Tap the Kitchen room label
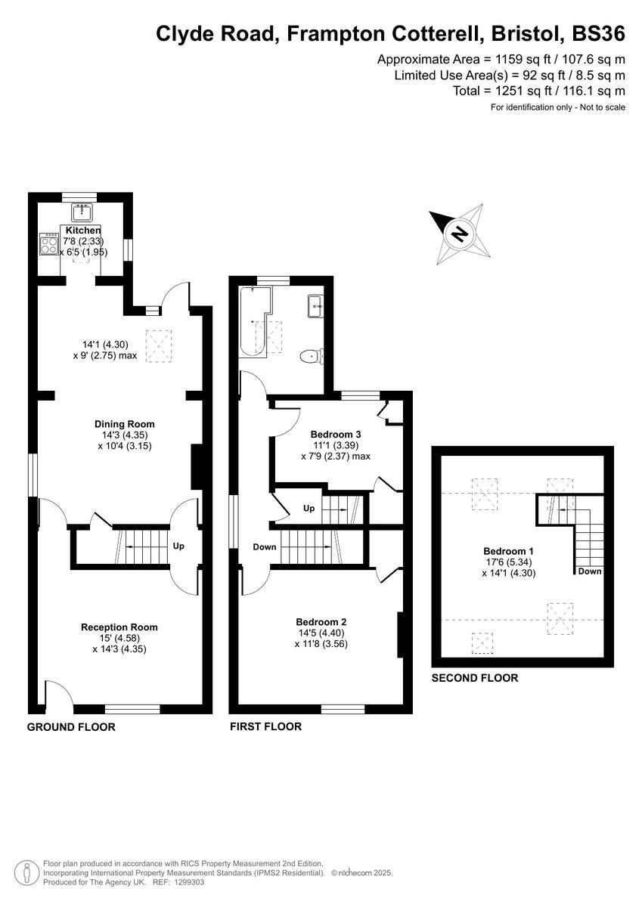[x=82, y=230]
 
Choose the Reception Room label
[x=119, y=627]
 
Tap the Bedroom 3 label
[x=336, y=435]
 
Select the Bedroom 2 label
[x=321, y=622]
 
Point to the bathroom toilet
[x=311, y=356]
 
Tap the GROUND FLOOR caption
[x=71, y=727]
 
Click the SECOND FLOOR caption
[x=474, y=678]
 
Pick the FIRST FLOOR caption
[x=265, y=726]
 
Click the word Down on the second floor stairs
[x=589, y=571]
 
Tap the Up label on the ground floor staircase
[x=178, y=546]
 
